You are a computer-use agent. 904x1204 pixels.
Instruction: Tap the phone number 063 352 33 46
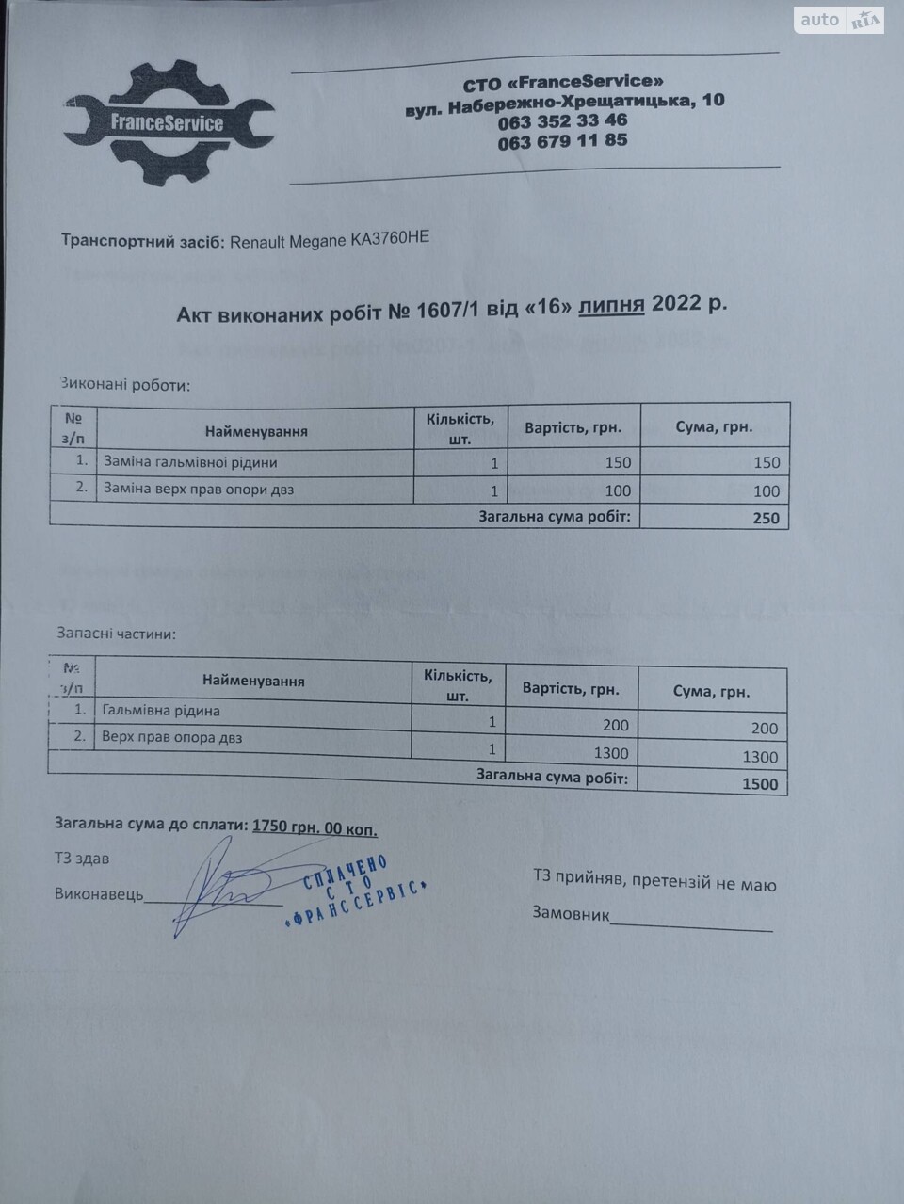562,120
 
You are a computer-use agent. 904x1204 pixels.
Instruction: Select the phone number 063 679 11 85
562,141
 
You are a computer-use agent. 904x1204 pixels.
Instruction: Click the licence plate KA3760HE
389,239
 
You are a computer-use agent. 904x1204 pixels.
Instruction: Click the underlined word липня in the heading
611,305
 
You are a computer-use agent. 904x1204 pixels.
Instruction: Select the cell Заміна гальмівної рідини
190,462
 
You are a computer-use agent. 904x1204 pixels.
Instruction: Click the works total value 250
766,517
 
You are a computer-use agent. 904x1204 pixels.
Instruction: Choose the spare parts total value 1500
760,783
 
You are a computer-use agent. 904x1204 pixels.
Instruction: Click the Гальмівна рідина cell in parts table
161,711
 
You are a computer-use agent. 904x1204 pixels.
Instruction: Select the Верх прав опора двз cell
171,737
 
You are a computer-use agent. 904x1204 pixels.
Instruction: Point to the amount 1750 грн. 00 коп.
315,827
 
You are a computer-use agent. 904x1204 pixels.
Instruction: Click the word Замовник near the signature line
571,912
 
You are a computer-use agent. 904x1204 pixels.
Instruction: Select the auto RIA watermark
838,20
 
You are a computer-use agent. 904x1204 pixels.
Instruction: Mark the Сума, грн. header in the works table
714,426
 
